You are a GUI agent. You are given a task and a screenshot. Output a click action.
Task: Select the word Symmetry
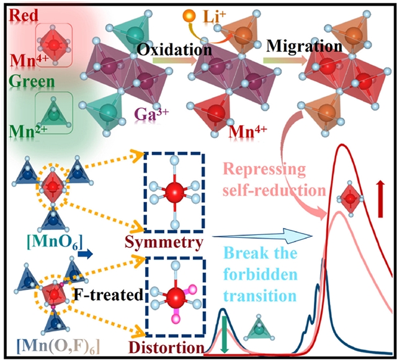(172, 242)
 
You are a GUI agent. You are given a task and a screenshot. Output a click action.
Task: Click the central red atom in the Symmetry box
(172, 189)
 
